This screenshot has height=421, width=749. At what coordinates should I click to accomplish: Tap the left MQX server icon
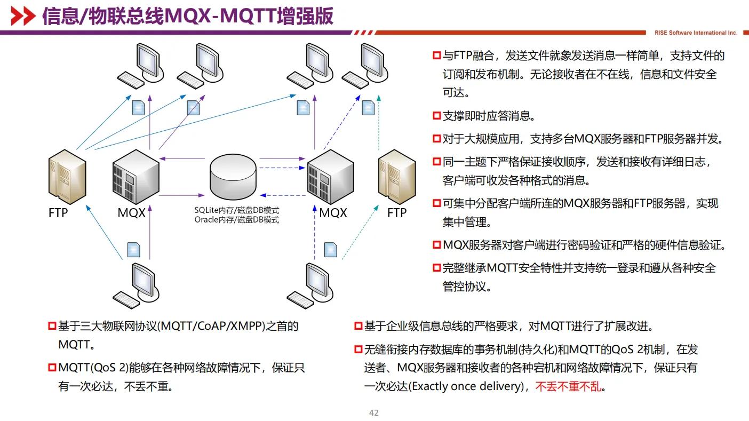136,173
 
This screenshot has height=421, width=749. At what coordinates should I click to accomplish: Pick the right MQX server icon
331,173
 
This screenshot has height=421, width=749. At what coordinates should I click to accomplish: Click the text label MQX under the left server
131,213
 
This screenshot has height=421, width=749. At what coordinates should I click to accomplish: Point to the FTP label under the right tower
397,213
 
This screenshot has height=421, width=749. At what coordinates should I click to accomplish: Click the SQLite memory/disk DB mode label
236,211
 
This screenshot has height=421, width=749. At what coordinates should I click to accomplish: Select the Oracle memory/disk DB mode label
236,219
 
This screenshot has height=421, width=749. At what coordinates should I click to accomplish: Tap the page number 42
373,413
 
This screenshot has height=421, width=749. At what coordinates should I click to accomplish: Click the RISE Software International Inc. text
696,33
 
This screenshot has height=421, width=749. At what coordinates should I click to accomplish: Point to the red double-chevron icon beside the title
23,17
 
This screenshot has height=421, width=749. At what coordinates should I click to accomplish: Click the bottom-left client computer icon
137,285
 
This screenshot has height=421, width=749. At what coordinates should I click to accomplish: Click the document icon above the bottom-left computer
134,249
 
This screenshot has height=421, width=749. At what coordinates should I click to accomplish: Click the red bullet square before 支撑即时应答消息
436,116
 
